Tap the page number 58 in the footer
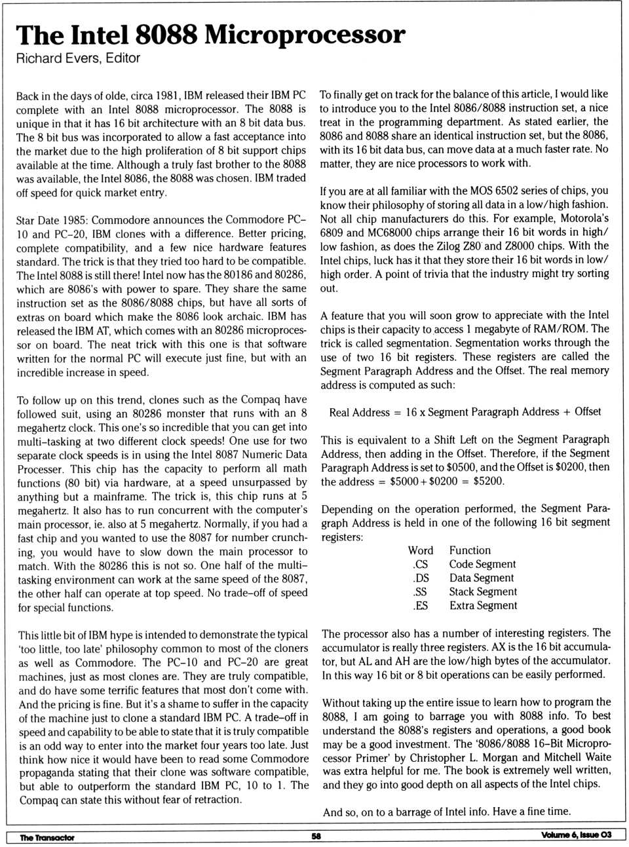[316, 835]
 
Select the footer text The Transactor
[47, 837]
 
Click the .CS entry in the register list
[420, 564]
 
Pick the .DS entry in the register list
[421, 578]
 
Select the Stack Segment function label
[483, 592]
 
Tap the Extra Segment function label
[483, 605]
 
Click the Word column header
[420, 550]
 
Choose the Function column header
[470, 550]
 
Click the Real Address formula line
[465, 412]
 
